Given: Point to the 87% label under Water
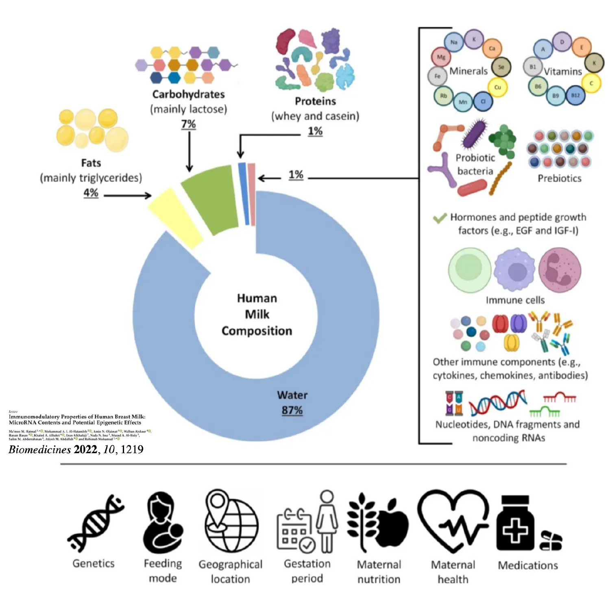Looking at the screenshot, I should [x=292, y=411].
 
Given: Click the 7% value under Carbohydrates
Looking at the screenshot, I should [x=188, y=124].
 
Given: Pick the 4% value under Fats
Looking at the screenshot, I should [x=91, y=193].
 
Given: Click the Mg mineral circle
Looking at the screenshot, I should [x=441, y=57].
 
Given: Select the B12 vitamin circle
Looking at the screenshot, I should [x=575, y=96].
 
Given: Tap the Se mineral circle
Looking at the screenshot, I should [x=501, y=67].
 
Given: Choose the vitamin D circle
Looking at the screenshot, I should [x=562, y=42].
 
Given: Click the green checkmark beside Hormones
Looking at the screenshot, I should [x=440, y=218].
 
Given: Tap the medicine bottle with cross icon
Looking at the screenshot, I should [x=515, y=524].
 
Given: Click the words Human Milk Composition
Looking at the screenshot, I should [x=257, y=315].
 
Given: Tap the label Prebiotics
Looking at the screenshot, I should [x=559, y=178].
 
